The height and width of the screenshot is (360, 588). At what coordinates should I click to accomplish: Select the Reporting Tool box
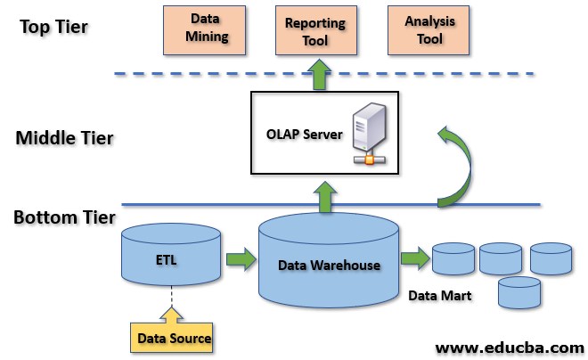coord(317,29)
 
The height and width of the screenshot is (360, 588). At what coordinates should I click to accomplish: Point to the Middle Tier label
coord(64,138)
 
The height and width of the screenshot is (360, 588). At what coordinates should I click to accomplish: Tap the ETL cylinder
coord(170,257)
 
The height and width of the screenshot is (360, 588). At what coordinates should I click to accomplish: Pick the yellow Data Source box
coord(175,338)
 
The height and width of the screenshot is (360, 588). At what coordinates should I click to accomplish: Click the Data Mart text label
coord(438,295)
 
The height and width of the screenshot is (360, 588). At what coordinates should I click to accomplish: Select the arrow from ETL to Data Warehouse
coord(240,260)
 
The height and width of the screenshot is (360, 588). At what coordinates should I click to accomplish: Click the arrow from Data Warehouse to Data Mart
coord(414,259)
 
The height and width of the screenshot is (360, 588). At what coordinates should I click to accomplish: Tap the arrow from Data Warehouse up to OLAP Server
coord(327,195)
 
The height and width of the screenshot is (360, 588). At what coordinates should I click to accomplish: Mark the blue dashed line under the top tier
coord(223,74)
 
